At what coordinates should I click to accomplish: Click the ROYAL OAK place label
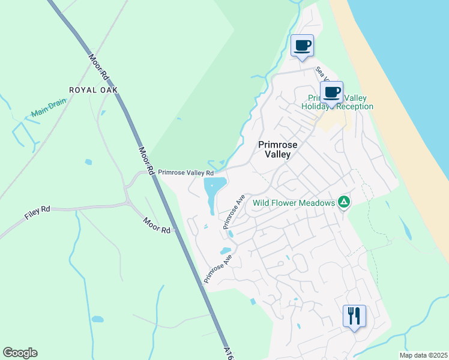pos(93,90)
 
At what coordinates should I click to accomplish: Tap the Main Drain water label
pos(49,108)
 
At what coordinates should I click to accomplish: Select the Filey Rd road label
pos(37,213)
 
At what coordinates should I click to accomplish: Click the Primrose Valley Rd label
pos(185,172)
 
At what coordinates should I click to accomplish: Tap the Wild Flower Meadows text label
pos(294,203)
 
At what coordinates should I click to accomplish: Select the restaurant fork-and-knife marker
pos(354,315)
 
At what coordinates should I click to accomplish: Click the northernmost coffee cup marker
pos(303,46)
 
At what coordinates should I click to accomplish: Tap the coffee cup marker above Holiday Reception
pos(331,92)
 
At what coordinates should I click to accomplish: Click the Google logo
pos(20,353)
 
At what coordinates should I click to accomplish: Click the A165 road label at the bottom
pos(228,352)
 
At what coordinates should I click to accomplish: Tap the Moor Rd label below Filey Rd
pos(157,226)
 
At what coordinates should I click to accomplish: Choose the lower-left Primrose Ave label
pos(217,268)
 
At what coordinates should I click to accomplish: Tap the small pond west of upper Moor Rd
pos(89,161)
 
